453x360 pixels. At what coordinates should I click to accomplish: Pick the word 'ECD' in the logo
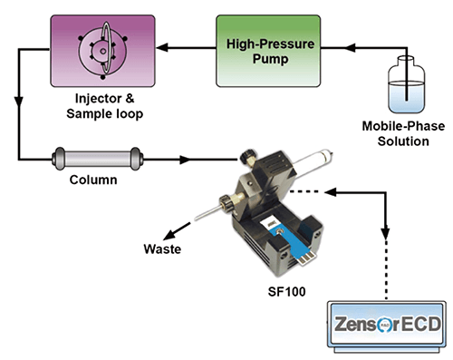click(x=418, y=324)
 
